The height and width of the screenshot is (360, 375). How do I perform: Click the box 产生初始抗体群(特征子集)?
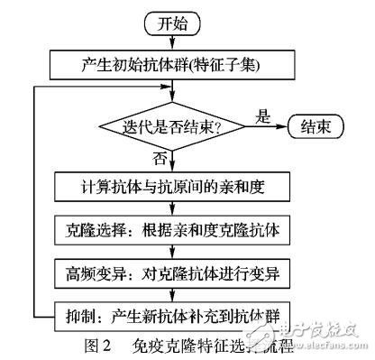[x=167, y=64]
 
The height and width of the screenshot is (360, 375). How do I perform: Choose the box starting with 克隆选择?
[x=167, y=230]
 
